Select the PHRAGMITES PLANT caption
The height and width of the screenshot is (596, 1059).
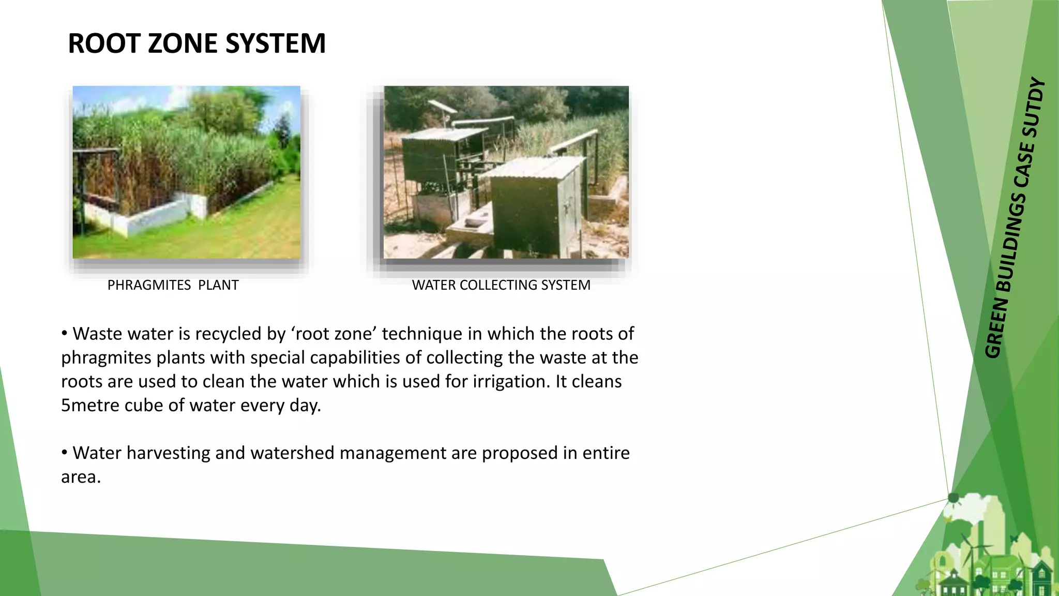coord(173,285)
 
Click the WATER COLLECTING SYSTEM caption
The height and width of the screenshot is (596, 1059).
coord(501,285)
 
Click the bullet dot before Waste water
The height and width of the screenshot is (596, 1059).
coord(65,334)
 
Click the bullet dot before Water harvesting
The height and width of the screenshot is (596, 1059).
coord(65,453)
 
